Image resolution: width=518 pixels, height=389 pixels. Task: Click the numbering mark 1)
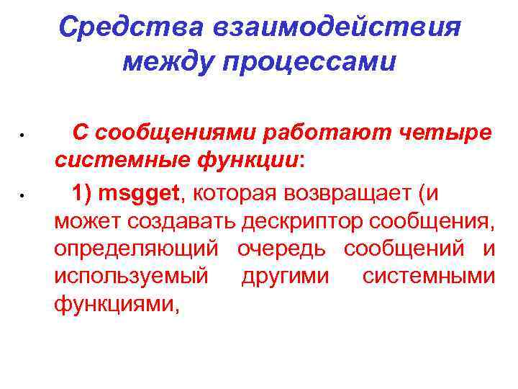click(x=83, y=192)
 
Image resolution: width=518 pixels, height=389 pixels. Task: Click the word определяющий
click(x=135, y=249)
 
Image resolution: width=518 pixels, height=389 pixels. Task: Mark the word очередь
click(x=281, y=249)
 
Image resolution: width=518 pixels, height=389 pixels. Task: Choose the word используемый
click(x=131, y=277)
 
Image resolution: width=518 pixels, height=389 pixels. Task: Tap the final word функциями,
click(x=115, y=305)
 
